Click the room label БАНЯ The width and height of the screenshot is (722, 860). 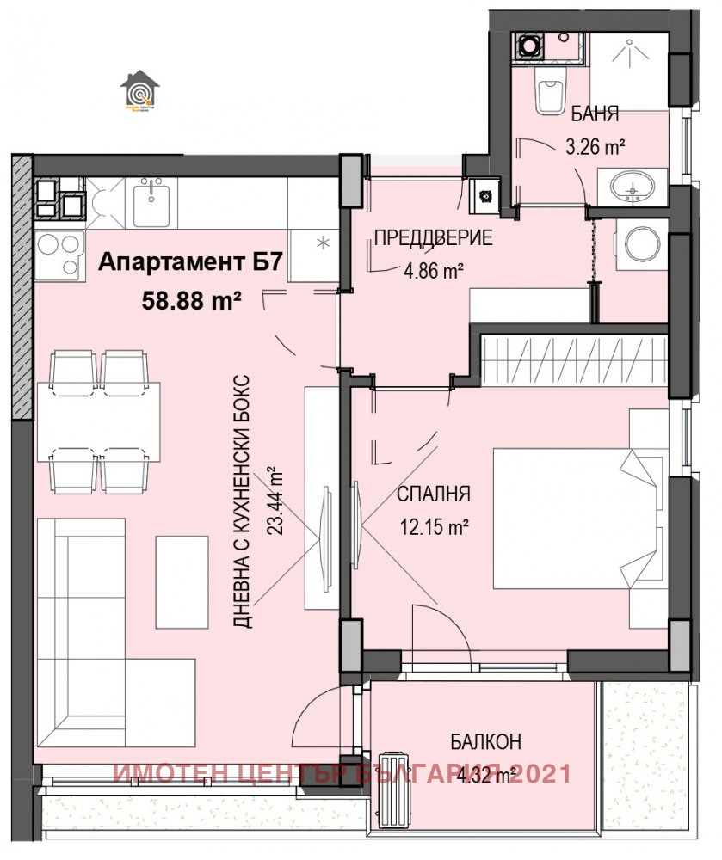tap(595, 115)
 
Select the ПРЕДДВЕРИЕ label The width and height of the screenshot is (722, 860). tap(433, 238)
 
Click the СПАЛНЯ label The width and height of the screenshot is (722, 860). tap(433, 494)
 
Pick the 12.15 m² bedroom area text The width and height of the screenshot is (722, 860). tap(433, 527)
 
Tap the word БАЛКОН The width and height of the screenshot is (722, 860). tap(485, 742)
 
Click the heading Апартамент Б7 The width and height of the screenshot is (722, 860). tap(189, 263)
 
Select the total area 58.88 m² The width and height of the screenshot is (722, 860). tap(191, 301)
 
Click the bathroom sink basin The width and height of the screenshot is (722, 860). tap(637, 187)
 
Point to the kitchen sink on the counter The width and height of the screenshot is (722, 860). tap(153, 202)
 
